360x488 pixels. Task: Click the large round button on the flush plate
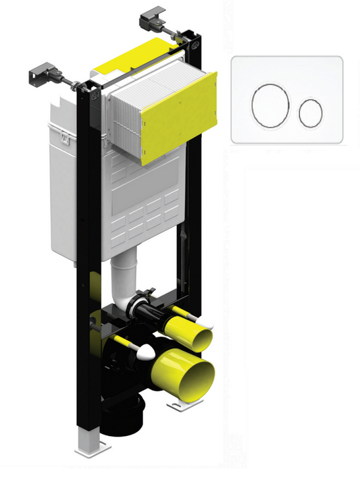coord(270,107)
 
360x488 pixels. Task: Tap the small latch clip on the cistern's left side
coord(63,138)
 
